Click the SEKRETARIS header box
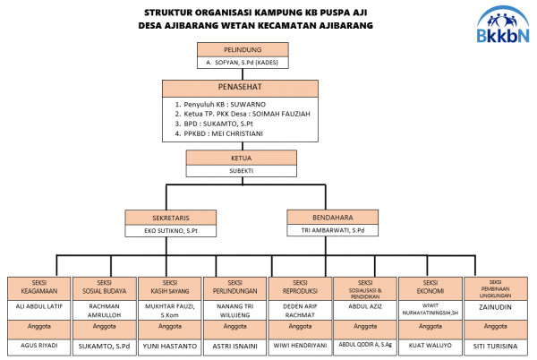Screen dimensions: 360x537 pos(171,217)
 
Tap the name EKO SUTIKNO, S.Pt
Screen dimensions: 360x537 pos(171,230)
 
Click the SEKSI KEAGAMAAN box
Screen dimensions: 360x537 pos(38,287)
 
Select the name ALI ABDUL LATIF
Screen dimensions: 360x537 pos(38,305)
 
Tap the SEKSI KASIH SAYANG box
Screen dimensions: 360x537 pos(168,287)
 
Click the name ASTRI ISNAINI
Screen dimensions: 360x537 pos(234,344)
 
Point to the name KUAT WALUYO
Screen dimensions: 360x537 pos(430,344)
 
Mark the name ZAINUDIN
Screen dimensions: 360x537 pos(495,305)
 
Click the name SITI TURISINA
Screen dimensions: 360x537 pos(495,344)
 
